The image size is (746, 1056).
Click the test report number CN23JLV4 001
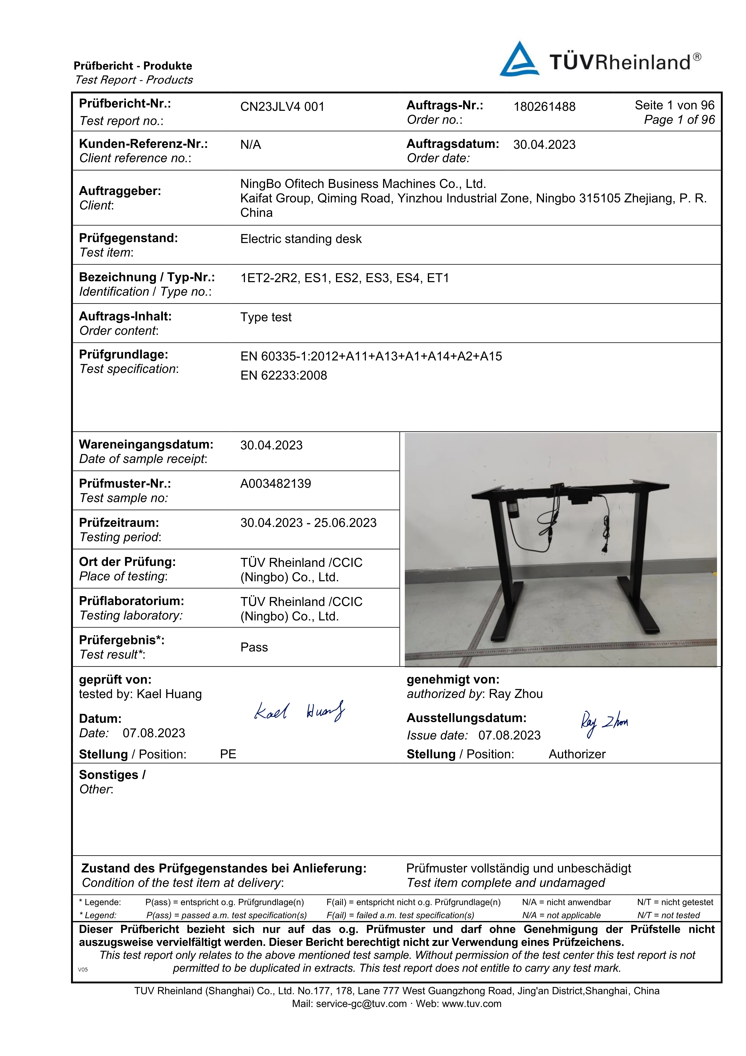click(x=282, y=107)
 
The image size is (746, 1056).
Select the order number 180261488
click(x=544, y=107)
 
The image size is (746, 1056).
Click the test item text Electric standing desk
click(x=301, y=239)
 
